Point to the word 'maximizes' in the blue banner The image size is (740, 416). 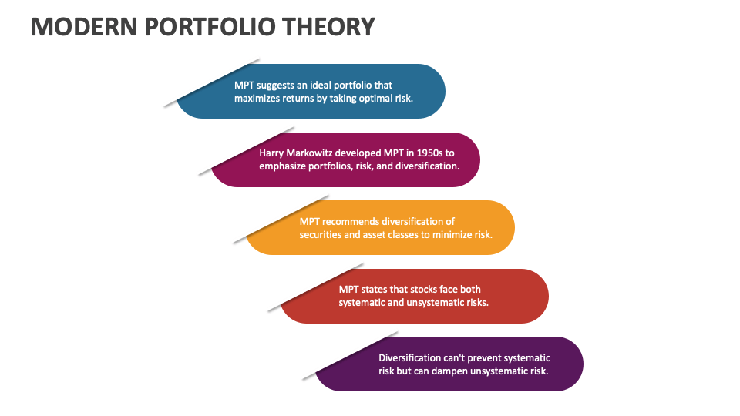[258, 99]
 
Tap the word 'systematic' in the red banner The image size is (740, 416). [362, 303]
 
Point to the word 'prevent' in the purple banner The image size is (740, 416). [484, 357]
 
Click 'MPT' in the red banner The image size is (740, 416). [350, 290]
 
